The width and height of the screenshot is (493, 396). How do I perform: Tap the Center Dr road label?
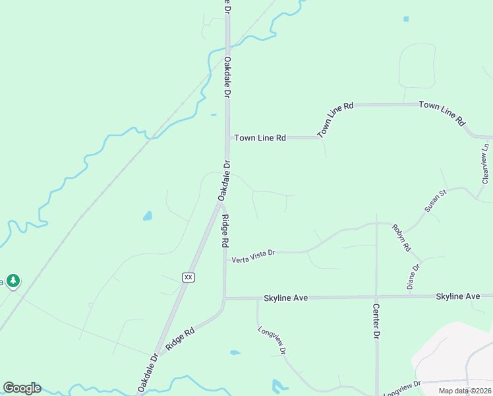pyautogui.click(x=376, y=321)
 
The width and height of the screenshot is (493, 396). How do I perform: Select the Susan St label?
pyautogui.click(x=436, y=200)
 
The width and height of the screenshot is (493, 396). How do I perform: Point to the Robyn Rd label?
pyautogui.click(x=401, y=237)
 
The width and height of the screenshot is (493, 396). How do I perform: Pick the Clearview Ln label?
pyautogui.click(x=486, y=164)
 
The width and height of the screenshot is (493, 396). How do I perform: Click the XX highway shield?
pyautogui.click(x=188, y=277)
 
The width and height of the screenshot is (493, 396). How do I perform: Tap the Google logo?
pyautogui.click(x=22, y=388)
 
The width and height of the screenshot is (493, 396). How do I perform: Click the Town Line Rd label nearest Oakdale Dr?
pyautogui.click(x=260, y=138)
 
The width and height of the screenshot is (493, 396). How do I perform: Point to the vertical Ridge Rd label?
pyautogui.click(x=225, y=231)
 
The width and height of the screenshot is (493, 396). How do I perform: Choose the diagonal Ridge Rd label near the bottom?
pyautogui.click(x=181, y=339)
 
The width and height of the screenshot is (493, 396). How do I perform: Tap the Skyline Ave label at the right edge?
pyautogui.click(x=457, y=296)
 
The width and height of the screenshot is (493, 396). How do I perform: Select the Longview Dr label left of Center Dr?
pyautogui.click(x=272, y=341)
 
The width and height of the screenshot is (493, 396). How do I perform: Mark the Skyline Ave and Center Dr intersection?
pyautogui.click(x=376, y=298)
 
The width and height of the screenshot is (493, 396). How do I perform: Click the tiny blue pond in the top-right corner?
pyautogui.click(x=406, y=18)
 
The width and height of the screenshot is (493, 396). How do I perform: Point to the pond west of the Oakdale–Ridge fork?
pyautogui.click(x=148, y=215)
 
